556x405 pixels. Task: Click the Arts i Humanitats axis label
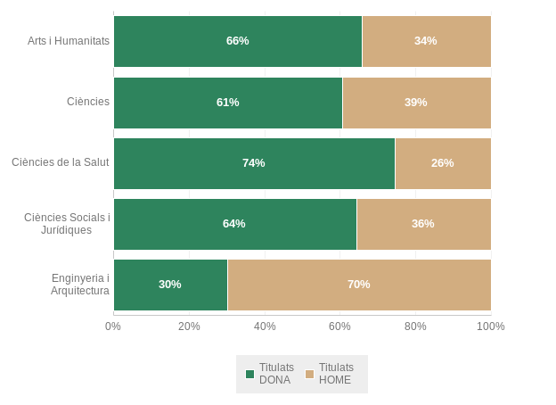tap(69, 41)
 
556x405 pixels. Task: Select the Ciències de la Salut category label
tap(61, 162)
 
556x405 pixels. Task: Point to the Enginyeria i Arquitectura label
tap(80, 285)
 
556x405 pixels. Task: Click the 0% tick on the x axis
tap(113, 326)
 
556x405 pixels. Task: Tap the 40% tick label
tap(265, 326)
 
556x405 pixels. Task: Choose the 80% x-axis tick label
tap(415, 326)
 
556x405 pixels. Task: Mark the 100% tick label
tap(491, 326)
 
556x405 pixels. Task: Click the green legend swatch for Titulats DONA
tap(249, 375)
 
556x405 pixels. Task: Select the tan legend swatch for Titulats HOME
tap(310, 375)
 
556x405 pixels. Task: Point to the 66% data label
tap(237, 41)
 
